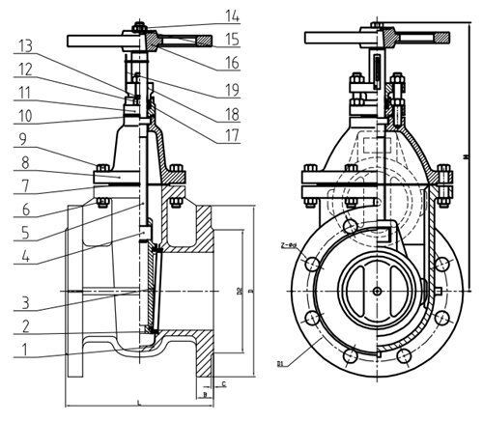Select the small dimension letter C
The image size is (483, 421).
pyautogui.click(x=224, y=384)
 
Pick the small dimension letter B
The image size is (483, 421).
pyautogui.click(x=206, y=394)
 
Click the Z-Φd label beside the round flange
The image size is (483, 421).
pyautogui.click(x=287, y=246)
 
